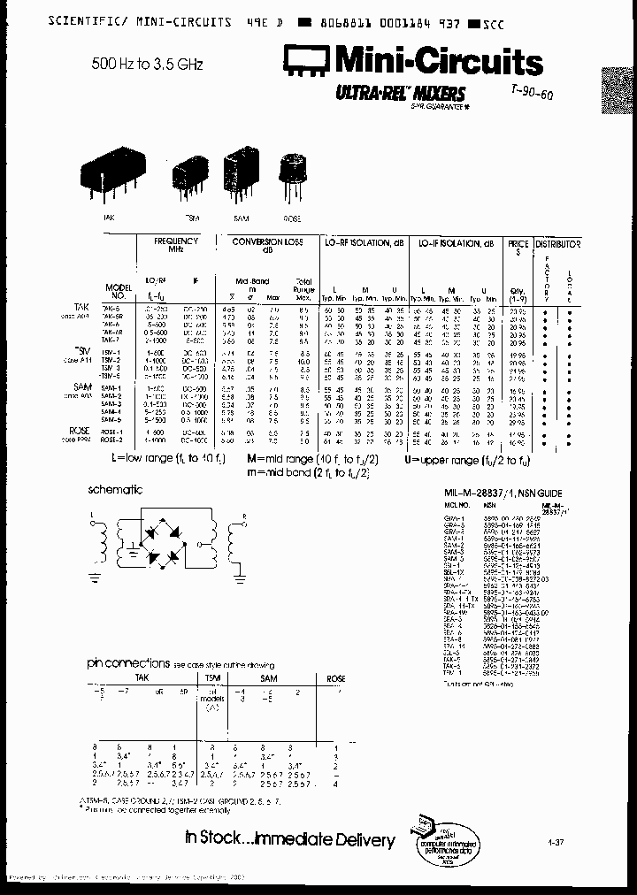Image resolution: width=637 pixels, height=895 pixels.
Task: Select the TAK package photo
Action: coord(111,177)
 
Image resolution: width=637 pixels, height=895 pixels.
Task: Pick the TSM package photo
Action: coord(187,175)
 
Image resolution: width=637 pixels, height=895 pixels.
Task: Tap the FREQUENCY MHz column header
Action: coord(177,245)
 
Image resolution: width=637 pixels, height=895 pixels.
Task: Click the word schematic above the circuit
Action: coord(115,489)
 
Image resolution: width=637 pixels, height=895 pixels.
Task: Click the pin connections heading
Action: coord(128,662)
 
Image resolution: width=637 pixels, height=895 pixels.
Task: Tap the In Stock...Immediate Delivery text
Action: coord(288,838)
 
